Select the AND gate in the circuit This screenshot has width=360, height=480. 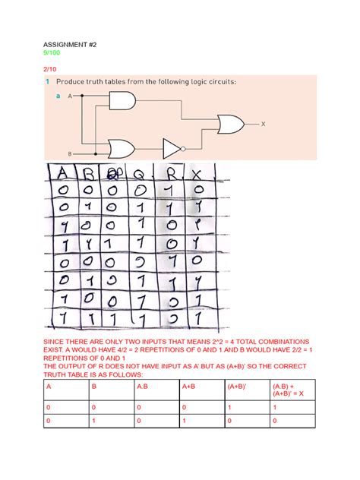click(x=123, y=99)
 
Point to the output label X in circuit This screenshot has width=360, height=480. click(x=263, y=122)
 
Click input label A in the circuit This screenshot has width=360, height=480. click(x=70, y=97)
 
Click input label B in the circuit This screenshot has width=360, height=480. click(x=70, y=153)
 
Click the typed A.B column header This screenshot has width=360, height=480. click(x=142, y=387)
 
